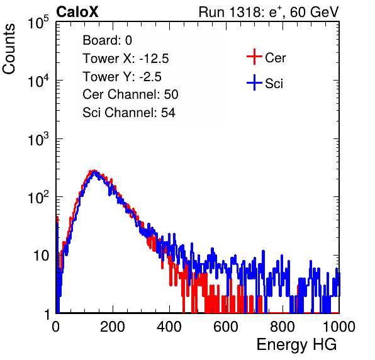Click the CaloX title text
click(x=77, y=12)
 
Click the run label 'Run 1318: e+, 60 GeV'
click(x=269, y=12)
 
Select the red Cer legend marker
click(x=254, y=57)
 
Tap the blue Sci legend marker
click(x=254, y=82)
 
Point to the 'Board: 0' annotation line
click(x=107, y=40)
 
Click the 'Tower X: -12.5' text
click(x=126, y=59)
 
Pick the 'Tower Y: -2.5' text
click(x=122, y=77)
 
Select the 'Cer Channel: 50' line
click(x=130, y=94)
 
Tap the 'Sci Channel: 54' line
click(x=129, y=113)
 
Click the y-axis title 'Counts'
click(x=9, y=48)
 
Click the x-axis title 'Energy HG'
click(x=296, y=345)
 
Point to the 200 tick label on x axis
click(x=113, y=327)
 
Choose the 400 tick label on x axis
click(x=169, y=327)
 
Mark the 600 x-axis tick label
click(x=226, y=327)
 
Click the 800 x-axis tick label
click(x=283, y=327)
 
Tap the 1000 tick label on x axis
click(x=339, y=327)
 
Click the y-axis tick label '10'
click(x=41, y=256)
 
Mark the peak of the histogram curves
click(x=95, y=171)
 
